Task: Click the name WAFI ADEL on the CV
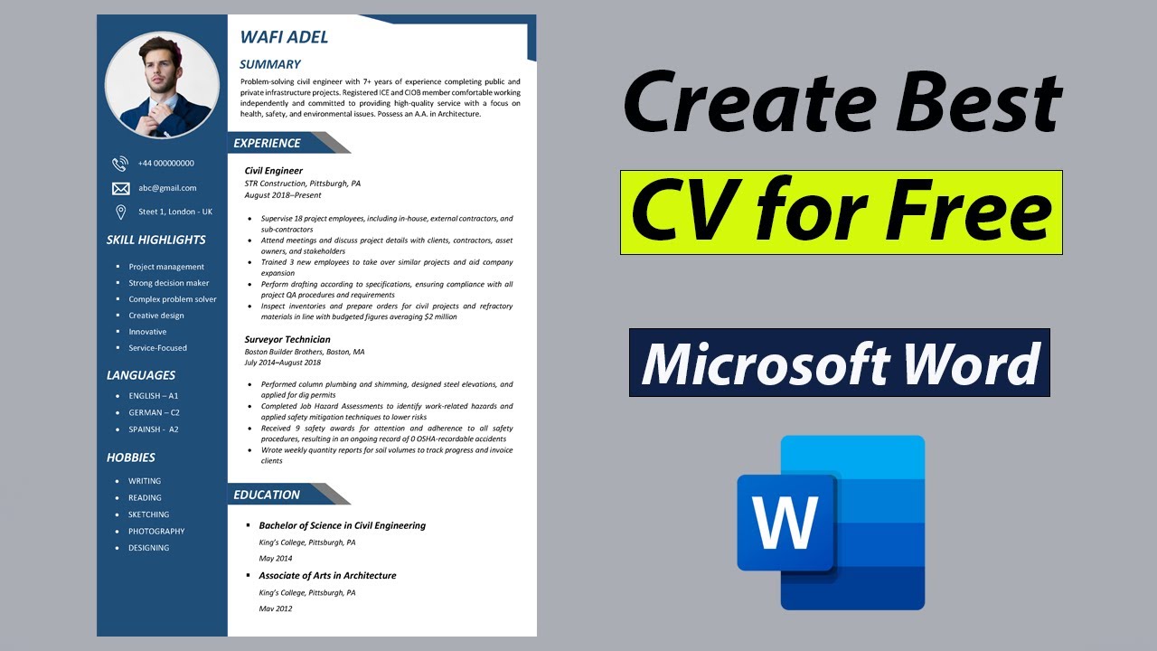coord(284,37)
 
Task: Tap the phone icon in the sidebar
coord(120,164)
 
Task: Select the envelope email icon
coord(120,188)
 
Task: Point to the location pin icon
coord(120,212)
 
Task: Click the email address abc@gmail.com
coord(167,188)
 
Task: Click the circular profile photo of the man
coord(162,85)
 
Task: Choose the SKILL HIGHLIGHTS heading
coord(156,240)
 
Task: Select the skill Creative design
coord(156,316)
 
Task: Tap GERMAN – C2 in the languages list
coord(154,412)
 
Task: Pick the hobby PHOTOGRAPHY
coord(156,532)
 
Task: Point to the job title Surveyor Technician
coord(287,340)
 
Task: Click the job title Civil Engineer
coord(274,171)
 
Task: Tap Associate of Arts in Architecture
coord(327,576)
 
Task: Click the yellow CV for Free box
coord(841,212)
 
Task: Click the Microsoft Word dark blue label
coord(839,363)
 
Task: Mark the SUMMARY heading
coord(269,64)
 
